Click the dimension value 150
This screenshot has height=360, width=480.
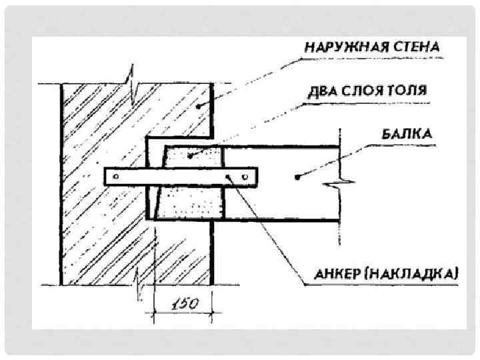[183, 305]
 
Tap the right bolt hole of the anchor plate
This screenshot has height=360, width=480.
[247, 177]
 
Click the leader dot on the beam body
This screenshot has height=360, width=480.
[295, 177]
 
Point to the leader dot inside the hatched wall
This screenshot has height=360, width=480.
[199, 105]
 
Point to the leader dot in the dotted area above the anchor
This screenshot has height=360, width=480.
[190, 156]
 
